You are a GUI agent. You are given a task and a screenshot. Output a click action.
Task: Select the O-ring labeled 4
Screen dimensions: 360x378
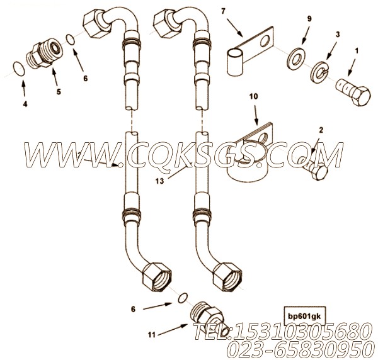[20, 67]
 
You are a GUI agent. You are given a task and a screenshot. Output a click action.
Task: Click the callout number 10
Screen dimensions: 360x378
[254, 98]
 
